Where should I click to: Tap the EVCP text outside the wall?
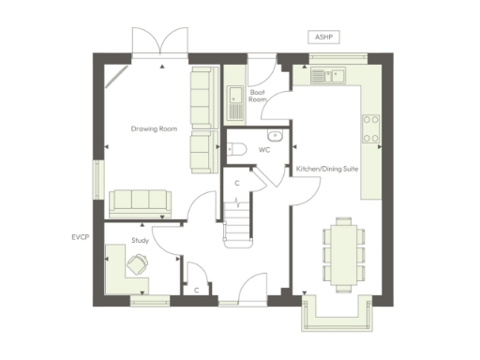[x=80, y=238]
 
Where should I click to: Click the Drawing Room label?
[x=154, y=128]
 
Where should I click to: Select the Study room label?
[x=141, y=241]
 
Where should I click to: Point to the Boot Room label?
[x=258, y=95]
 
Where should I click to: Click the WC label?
[x=264, y=149]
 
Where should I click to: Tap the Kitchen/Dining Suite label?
[x=323, y=169]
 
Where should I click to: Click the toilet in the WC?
[x=238, y=149]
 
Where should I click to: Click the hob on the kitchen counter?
[x=371, y=128]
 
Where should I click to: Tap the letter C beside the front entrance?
[x=197, y=290]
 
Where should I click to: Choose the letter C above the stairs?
[x=237, y=182]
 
